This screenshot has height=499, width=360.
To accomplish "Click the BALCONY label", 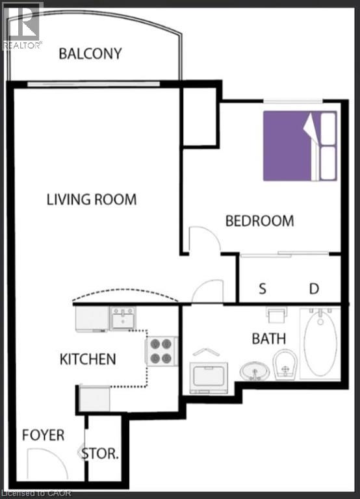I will coord(90,53).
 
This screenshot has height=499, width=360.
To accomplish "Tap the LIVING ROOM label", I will coord(92,199).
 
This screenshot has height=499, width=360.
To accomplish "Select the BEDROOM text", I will coord(259,221).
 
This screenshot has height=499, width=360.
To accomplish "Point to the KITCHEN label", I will coord(88,359).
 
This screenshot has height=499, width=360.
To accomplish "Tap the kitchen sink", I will coord(122,318).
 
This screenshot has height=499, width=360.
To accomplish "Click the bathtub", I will coord(320,342).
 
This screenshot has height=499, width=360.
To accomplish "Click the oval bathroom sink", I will coord(255,372).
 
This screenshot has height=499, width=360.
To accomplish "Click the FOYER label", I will coord(44,435).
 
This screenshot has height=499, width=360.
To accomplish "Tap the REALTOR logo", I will coord(22,25).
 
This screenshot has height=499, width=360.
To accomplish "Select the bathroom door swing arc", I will coord(209,290).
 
